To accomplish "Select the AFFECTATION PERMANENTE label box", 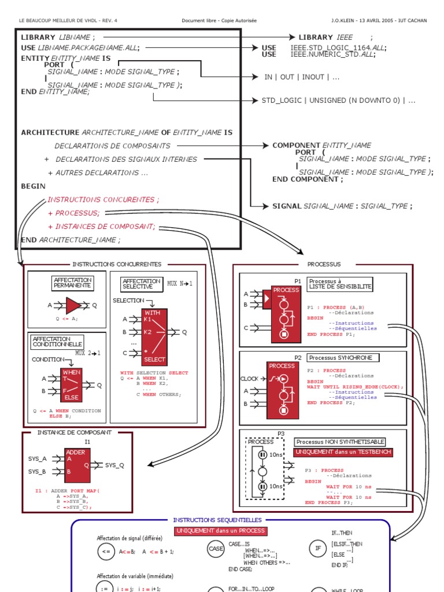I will point(72,283).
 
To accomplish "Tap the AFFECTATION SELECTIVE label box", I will point(141,283).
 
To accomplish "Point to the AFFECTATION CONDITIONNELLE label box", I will point(57,341).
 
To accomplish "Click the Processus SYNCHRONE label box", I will point(343,358).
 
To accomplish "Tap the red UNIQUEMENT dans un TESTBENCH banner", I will point(343,452).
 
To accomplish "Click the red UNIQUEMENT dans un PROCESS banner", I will point(220,531).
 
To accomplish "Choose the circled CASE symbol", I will point(215,552).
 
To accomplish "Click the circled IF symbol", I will point(318,552).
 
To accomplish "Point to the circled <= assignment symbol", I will point(106,552).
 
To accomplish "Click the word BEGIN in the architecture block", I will point(34,186).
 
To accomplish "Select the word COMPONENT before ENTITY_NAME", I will point(296,145).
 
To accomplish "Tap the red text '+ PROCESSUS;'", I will point(74,213).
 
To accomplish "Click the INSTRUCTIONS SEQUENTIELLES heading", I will point(217,520).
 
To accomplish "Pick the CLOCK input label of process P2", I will point(249,379).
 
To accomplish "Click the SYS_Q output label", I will point(114,465).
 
